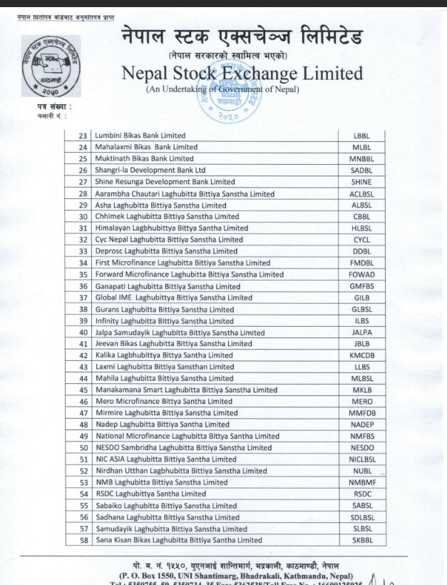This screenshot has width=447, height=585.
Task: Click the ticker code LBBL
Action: (x=361, y=136)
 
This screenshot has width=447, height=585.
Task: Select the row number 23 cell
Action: (x=83, y=136)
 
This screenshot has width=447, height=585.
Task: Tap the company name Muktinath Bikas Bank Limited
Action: (x=144, y=158)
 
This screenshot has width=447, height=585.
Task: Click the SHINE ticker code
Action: (x=361, y=182)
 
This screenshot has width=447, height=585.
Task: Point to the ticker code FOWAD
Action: (x=361, y=274)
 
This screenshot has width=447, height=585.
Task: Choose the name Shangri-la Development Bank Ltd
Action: (x=150, y=171)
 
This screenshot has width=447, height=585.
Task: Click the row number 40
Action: (x=83, y=332)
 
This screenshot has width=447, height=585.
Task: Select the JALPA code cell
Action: (x=361, y=332)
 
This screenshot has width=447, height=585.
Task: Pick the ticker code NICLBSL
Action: (x=361, y=459)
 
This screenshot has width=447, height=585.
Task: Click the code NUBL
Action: (x=361, y=471)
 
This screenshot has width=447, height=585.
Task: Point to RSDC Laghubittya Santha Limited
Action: (x=150, y=494)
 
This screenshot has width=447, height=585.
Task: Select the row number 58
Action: (x=83, y=540)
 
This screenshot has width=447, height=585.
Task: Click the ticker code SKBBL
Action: (x=361, y=540)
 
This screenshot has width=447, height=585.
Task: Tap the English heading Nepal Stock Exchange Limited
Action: (x=242, y=73)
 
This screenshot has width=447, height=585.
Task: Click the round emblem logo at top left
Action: (x=50, y=66)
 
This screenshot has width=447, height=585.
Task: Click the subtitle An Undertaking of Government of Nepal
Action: (x=222, y=89)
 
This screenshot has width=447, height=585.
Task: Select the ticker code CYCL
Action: (x=361, y=240)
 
